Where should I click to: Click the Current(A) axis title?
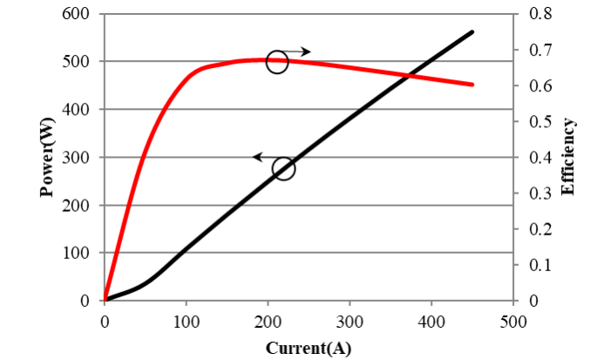point(309,348)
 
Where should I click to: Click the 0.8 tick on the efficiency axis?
point(539,14)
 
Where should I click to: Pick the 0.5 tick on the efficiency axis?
point(539,121)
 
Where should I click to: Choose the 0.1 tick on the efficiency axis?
point(539,265)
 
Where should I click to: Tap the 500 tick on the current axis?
point(513,320)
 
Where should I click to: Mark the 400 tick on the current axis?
point(431,320)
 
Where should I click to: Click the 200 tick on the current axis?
point(268,320)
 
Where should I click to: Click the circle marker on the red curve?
point(277,62)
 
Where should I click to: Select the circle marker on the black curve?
point(284,168)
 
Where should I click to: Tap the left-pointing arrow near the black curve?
point(262,157)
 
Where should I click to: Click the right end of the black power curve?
point(472,31)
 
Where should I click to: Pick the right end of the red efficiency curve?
point(472,85)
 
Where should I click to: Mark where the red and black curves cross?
point(409,76)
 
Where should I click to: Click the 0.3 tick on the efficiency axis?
point(539,194)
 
